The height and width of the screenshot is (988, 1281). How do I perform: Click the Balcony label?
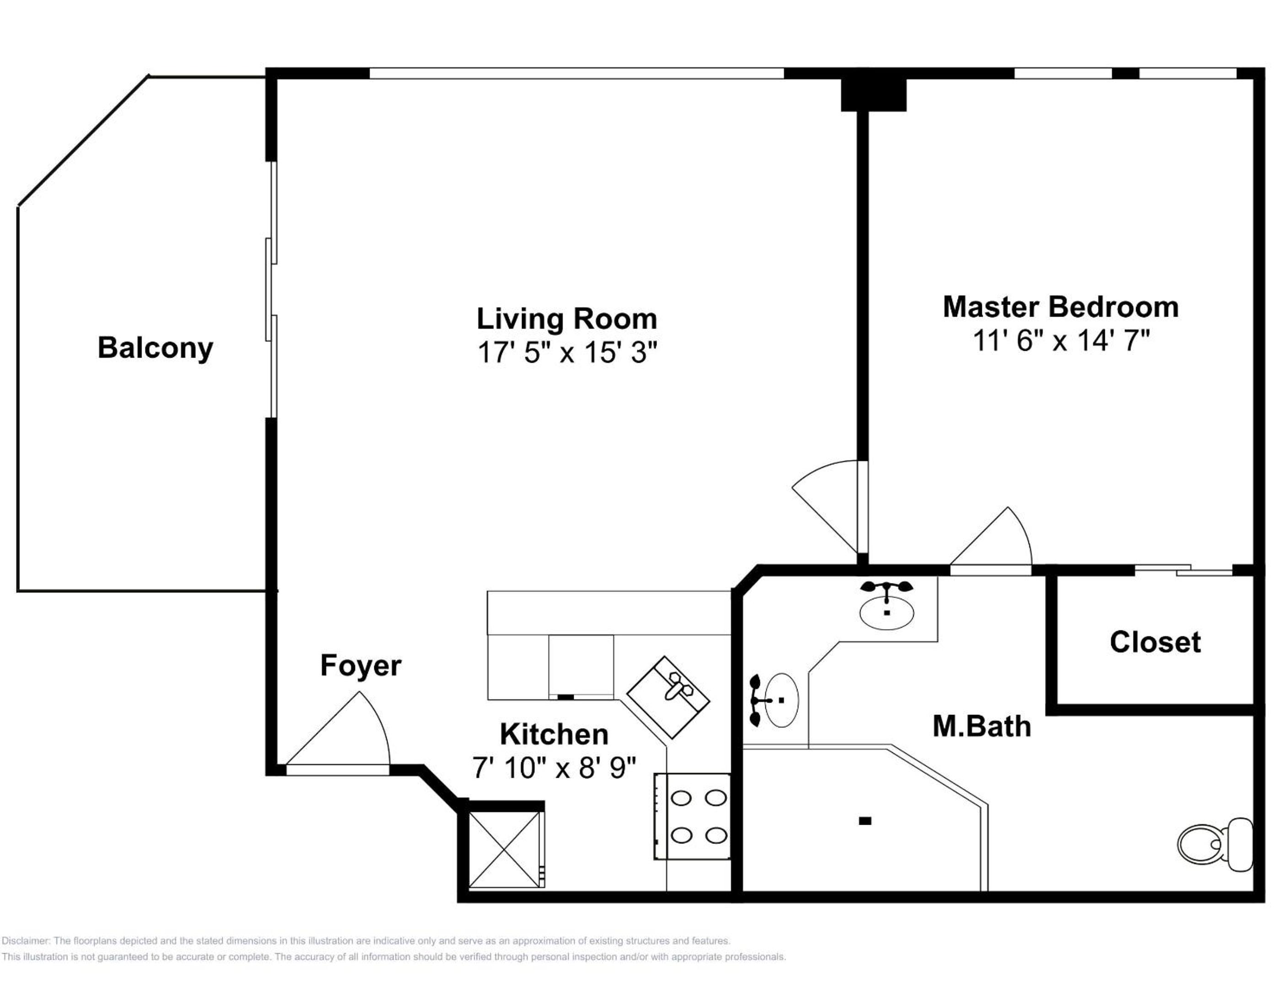click(156, 348)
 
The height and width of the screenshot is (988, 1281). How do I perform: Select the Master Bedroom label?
click(1060, 306)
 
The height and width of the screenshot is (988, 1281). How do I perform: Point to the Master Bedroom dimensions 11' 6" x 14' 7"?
click(1061, 340)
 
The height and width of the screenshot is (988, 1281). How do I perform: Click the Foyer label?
click(361, 665)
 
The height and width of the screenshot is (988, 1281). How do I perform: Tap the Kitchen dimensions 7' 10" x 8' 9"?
click(554, 768)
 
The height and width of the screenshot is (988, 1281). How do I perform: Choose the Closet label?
click(1155, 641)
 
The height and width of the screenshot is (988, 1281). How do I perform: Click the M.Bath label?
click(982, 726)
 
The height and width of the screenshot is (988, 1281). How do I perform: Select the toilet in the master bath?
click(1215, 844)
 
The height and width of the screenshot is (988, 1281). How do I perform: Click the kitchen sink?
click(668, 697)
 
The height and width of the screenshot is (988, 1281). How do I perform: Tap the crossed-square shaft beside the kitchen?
click(505, 849)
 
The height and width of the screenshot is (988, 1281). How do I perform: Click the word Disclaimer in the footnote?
click(26, 941)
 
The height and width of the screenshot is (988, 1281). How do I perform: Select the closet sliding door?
click(1184, 569)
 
